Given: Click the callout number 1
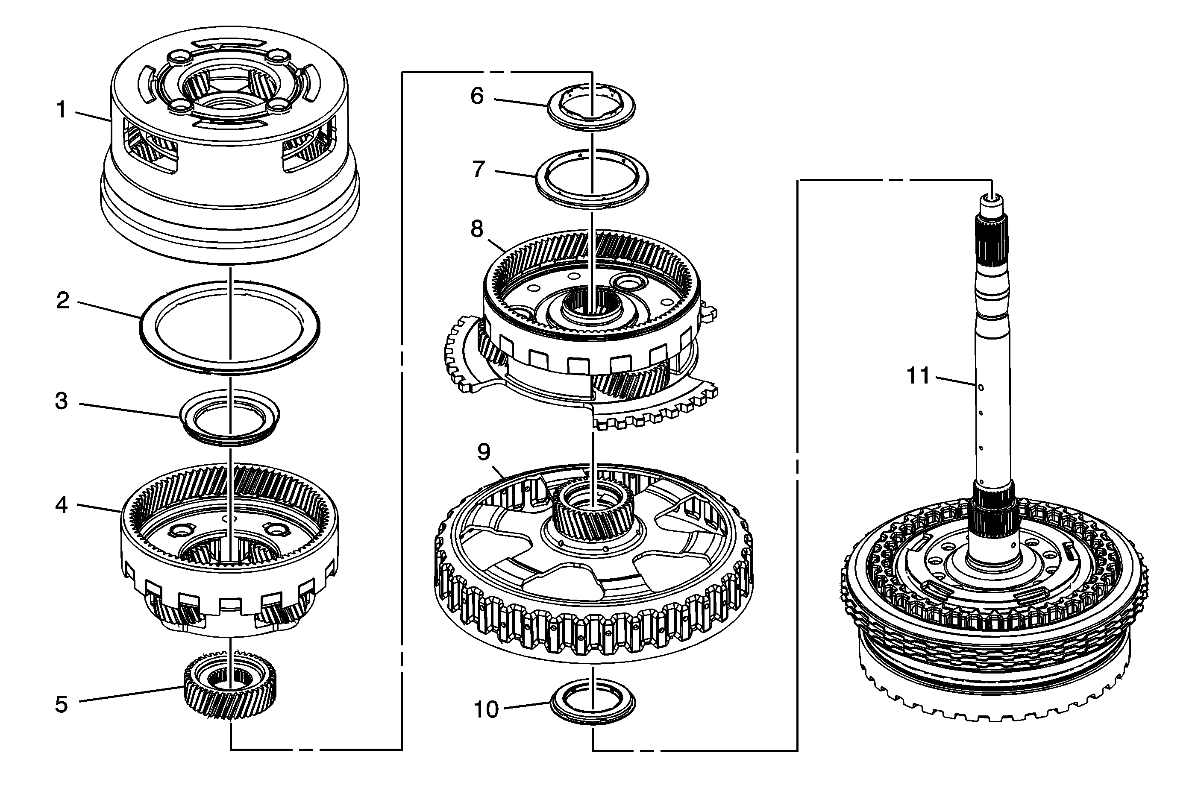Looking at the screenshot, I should [x=61, y=110].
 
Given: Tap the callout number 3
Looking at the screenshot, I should [x=61, y=401].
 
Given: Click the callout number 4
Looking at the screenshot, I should [x=61, y=505].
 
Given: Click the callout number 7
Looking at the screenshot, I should [x=478, y=170].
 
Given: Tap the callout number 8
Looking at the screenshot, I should [x=476, y=229].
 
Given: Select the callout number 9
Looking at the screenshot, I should [x=483, y=452].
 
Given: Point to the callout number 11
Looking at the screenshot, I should [x=918, y=376].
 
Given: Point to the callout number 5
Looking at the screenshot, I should [x=61, y=705].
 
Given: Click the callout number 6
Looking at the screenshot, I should [x=476, y=96].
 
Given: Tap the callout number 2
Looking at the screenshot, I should [x=62, y=301].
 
